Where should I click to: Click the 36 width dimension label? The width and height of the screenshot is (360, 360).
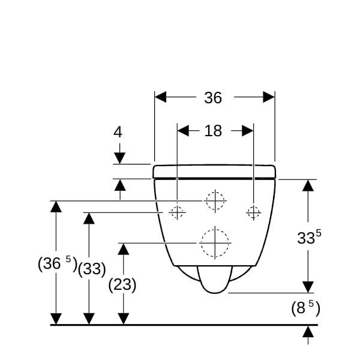pyautogui.click(x=213, y=98)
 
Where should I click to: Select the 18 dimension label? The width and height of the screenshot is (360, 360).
pyautogui.click(x=213, y=131)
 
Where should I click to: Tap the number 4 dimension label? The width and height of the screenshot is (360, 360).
pyautogui.click(x=118, y=132)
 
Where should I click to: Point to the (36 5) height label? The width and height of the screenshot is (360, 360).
pyautogui.click(x=58, y=263)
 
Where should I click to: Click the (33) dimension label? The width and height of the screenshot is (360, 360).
pyautogui.click(x=92, y=268)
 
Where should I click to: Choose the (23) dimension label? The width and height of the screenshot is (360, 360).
pyautogui.click(x=122, y=284)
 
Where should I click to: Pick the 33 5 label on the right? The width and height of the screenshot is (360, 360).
pyautogui.click(x=309, y=237)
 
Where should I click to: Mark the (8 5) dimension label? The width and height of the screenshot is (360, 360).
pyautogui.click(x=305, y=308)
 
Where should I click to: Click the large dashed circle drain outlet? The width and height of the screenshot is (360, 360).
pyautogui.click(x=215, y=243)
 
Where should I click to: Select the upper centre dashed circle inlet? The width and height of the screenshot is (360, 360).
pyautogui.click(x=215, y=200)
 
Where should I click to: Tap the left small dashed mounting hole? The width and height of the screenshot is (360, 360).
pyautogui.click(x=177, y=212)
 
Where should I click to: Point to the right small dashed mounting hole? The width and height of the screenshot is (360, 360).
pyautogui.click(x=253, y=212)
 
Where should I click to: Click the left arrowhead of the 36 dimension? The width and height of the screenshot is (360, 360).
pyautogui.click(x=160, y=97)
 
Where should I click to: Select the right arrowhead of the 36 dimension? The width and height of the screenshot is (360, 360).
pyautogui.click(x=269, y=97)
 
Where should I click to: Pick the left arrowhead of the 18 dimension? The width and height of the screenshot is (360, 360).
pyautogui.click(x=183, y=131)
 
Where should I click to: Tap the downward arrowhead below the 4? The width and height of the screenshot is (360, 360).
pyautogui.click(x=119, y=158)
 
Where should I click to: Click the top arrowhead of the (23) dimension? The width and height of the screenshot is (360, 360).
pyautogui.click(x=123, y=249)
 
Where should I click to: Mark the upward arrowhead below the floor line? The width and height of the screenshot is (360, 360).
pyautogui.click(x=308, y=332)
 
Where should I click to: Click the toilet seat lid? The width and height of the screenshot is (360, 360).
pyautogui.click(x=214, y=171)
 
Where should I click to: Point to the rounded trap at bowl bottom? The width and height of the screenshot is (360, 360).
pyautogui.click(x=215, y=280)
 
